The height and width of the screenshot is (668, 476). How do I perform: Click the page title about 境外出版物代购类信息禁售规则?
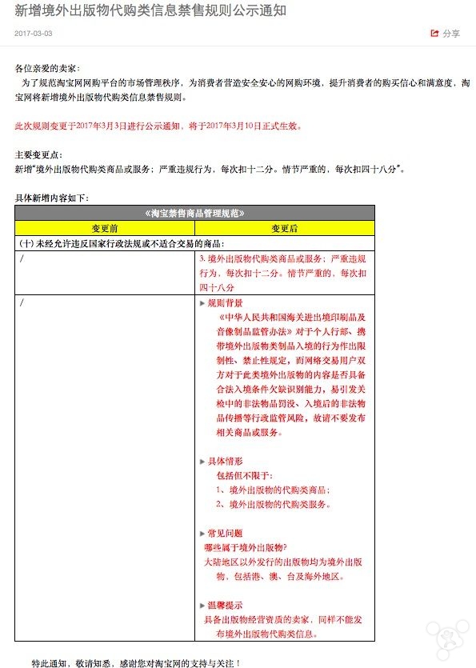pyautogui.click(x=150, y=10)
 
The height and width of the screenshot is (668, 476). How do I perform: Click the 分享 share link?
pyautogui.click(x=451, y=34)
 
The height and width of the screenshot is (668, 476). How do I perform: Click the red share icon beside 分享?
pyautogui.click(x=434, y=34)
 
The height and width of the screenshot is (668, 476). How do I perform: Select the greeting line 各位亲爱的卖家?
pyautogui.click(x=48, y=69)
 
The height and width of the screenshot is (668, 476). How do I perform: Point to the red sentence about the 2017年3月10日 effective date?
pyautogui.click(x=158, y=126)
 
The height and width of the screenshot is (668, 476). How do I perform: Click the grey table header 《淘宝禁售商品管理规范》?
pyautogui.click(x=194, y=213)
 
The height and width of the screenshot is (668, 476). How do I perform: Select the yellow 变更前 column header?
pyautogui.click(x=105, y=228)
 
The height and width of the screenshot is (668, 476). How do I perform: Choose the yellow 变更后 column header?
pyautogui.click(x=284, y=228)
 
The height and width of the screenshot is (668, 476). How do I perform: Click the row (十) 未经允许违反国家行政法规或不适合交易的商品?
pyautogui.click(x=122, y=243)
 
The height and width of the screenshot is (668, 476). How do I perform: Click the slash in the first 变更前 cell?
pyautogui.click(x=22, y=259)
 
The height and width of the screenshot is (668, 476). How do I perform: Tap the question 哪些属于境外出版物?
pyautogui.click(x=246, y=547)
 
